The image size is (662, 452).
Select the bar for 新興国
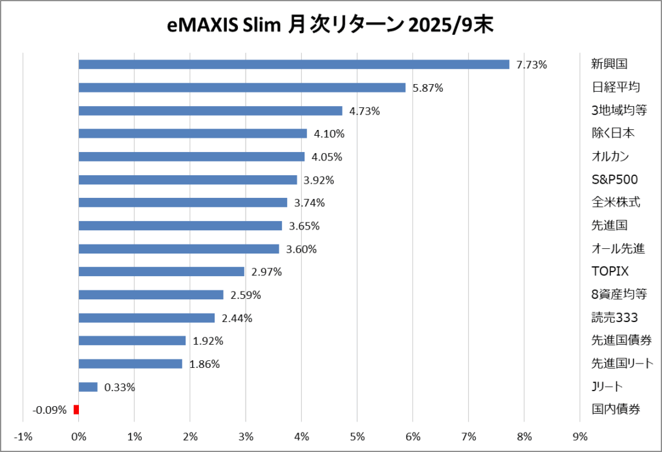click(x=294, y=65)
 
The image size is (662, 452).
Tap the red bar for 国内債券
click(x=76, y=409)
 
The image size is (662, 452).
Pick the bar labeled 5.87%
click(x=242, y=87)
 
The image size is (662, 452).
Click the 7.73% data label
click(x=531, y=65)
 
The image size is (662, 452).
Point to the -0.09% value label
click(x=50, y=409)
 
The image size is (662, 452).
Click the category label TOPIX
click(x=610, y=272)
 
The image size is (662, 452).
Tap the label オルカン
click(x=610, y=156)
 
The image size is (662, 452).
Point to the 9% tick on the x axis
click(x=580, y=435)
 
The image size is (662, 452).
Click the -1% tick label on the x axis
click(x=23, y=435)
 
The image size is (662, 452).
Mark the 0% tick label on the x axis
click(x=78, y=435)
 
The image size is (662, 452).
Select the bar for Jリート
click(x=88, y=387)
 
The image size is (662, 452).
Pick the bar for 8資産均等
click(x=151, y=295)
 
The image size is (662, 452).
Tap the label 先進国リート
click(x=622, y=363)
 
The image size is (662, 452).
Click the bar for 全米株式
click(x=182, y=202)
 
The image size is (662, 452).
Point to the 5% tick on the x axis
click(x=357, y=435)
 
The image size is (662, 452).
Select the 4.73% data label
click(x=365, y=111)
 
